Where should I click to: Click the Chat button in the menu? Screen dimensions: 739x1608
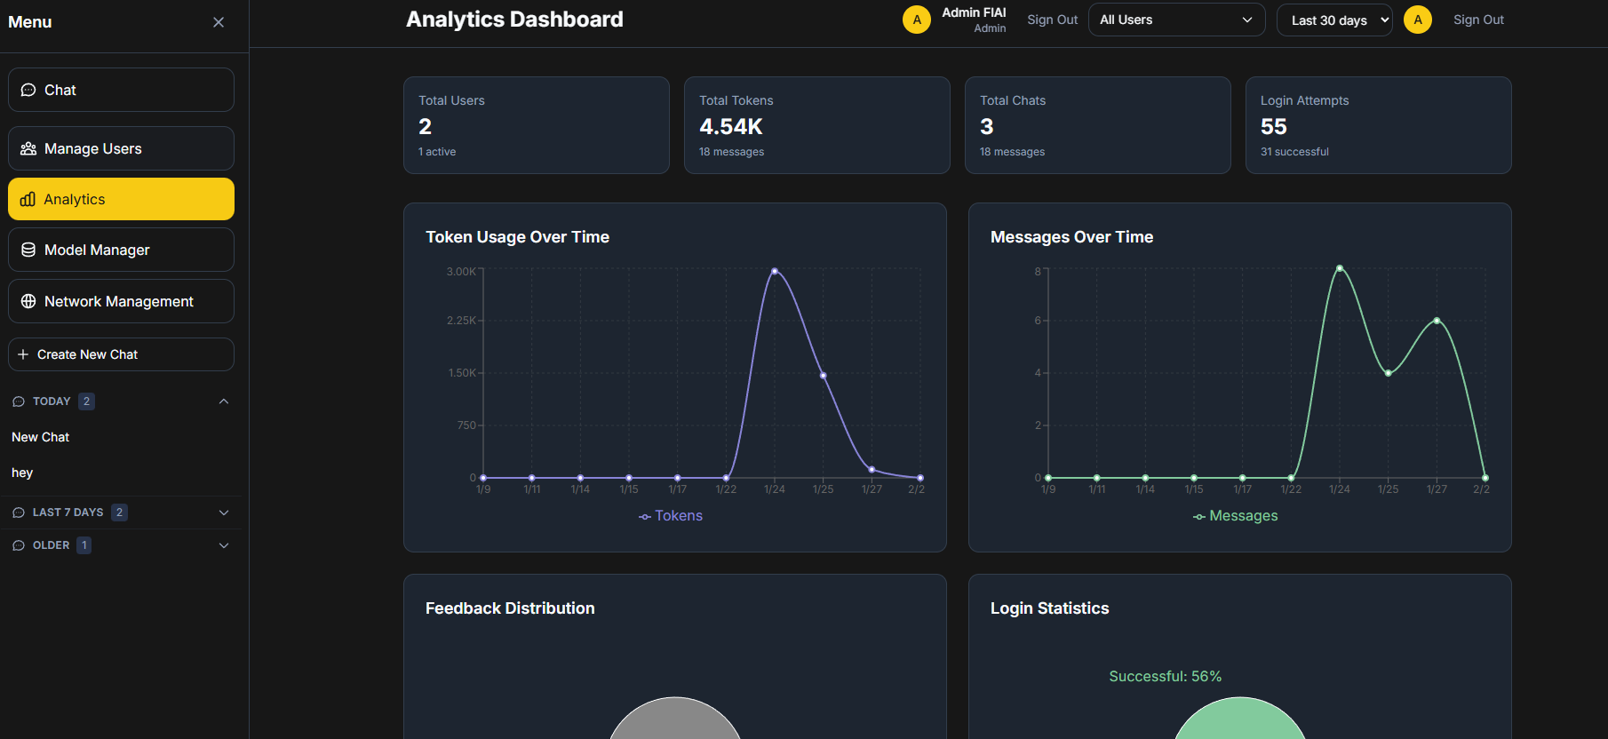click(x=121, y=90)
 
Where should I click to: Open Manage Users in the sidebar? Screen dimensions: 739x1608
click(x=121, y=148)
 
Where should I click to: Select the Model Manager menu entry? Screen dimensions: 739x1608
click(x=121, y=250)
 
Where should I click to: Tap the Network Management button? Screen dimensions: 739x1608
click(x=121, y=301)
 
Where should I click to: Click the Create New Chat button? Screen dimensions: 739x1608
click(x=121, y=354)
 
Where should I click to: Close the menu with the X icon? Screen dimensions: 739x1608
click(x=219, y=22)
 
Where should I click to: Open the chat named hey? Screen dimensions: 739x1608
click(x=22, y=473)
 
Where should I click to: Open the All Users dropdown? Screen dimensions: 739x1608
click(x=1176, y=20)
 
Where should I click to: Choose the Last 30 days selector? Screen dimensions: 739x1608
click(x=1333, y=20)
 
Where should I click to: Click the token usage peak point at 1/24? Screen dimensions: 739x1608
click(x=775, y=271)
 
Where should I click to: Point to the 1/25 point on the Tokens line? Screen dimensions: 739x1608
click(x=824, y=376)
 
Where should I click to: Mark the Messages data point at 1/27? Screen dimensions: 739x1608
click(x=1437, y=321)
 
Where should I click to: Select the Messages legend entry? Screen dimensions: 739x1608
click(x=1236, y=516)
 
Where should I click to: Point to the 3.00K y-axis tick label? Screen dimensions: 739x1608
click(x=461, y=272)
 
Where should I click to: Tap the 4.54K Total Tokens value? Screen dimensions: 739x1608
click(x=730, y=127)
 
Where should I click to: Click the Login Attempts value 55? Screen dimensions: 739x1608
click(x=1273, y=127)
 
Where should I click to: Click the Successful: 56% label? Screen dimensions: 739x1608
click(x=1165, y=677)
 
